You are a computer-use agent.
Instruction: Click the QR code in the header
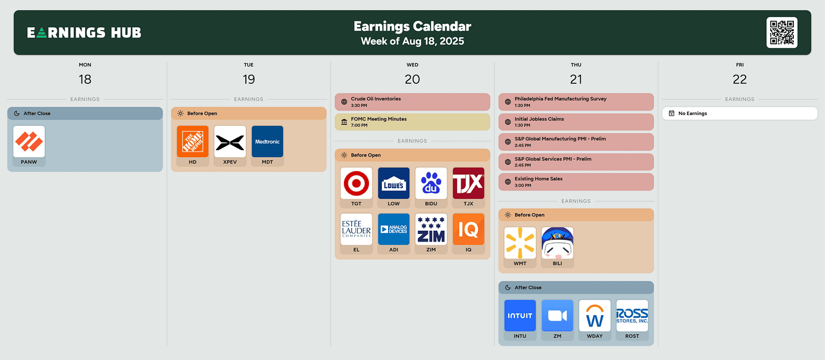(781, 32)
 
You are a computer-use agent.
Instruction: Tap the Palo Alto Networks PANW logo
(29, 142)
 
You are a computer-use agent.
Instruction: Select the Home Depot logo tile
(193, 142)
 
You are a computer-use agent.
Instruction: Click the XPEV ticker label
(230, 162)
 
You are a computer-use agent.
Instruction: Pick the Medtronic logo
(267, 142)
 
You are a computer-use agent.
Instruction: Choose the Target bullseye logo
(356, 183)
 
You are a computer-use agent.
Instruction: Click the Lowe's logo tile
(394, 183)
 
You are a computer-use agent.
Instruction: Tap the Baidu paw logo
(431, 183)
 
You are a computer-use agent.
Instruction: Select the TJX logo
(469, 183)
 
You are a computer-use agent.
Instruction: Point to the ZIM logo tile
(431, 229)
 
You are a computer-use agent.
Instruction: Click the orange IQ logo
(469, 229)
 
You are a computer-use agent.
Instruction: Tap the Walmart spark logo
(520, 243)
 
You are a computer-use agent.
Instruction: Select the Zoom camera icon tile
(557, 315)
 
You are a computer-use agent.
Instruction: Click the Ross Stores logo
(632, 315)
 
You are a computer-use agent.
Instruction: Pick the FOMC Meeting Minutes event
(412, 122)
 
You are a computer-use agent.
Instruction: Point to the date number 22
(739, 79)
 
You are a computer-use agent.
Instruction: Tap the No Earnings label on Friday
(692, 113)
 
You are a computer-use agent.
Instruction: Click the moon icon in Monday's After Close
(16, 113)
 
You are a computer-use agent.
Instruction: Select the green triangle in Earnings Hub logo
(41, 33)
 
